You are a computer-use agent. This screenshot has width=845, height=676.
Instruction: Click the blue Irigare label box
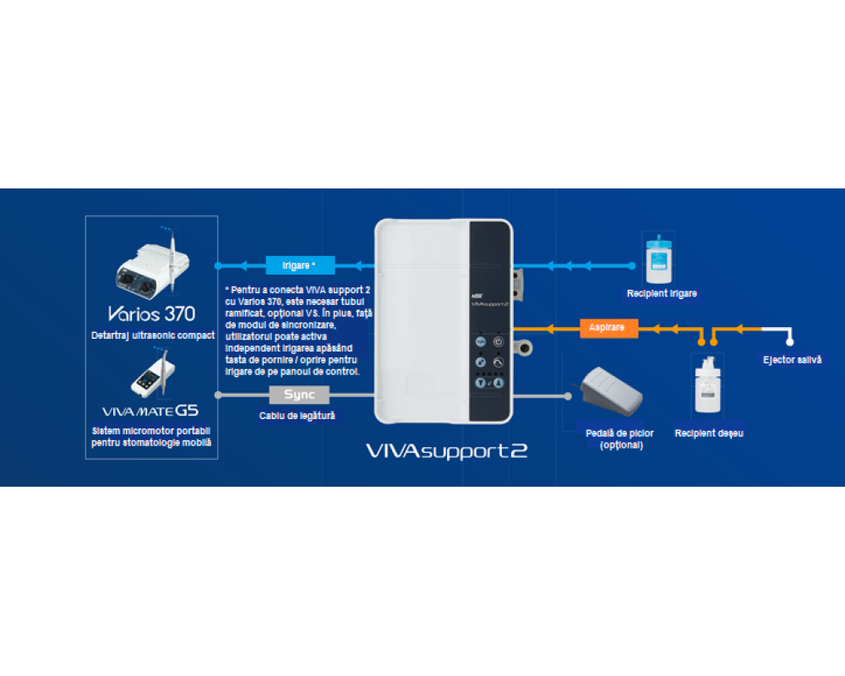click(300, 264)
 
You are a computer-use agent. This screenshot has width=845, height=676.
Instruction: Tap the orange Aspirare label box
click(608, 327)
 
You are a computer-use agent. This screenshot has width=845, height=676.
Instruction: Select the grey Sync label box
click(299, 395)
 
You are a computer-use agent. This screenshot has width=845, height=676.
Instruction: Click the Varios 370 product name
click(151, 314)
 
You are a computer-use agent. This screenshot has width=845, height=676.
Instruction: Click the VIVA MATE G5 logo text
click(150, 412)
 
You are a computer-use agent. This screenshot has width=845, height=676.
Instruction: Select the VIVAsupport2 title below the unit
click(447, 450)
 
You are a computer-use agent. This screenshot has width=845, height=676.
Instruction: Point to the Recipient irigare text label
click(662, 294)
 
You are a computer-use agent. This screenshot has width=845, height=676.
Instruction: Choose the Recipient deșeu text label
click(708, 433)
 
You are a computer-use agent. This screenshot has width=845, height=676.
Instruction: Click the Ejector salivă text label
click(792, 360)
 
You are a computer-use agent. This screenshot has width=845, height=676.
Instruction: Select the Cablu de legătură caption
click(297, 416)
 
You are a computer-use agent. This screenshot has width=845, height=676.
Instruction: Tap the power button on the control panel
click(499, 342)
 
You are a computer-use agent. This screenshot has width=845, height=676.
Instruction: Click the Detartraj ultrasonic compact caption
click(153, 335)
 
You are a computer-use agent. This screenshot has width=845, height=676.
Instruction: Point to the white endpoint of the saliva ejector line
click(790, 342)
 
